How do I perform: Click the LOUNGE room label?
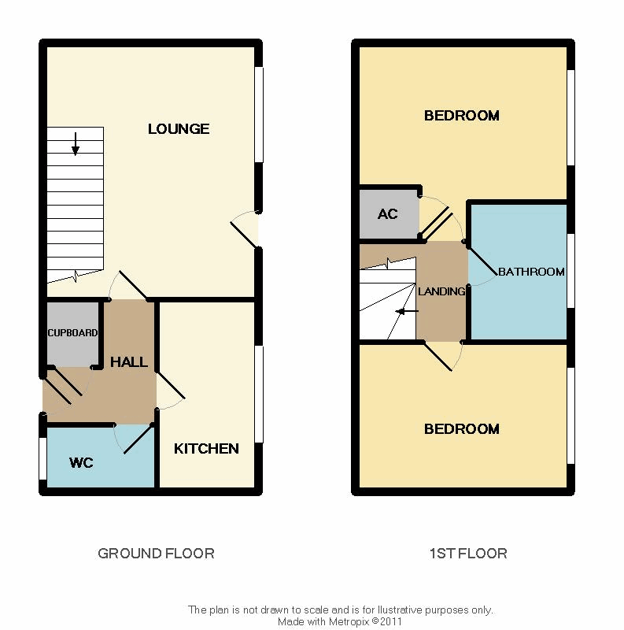click(x=179, y=129)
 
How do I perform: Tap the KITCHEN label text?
click(x=206, y=448)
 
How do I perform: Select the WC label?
click(x=81, y=462)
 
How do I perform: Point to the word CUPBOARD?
click(x=72, y=332)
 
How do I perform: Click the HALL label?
click(x=129, y=362)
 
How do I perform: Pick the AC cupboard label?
click(x=387, y=213)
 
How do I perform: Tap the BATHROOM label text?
click(x=531, y=272)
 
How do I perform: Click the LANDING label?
click(x=441, y=291)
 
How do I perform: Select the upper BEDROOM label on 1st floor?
click(x=462, y=116)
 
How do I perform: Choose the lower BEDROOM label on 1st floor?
click(x=462, y=429)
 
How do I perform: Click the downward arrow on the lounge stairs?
click(x=75, y=144)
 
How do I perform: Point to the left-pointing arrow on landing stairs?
click(x=407, y=311)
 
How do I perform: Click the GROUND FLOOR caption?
click(x=157, y=554)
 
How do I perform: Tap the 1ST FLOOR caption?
click(x=468, y=554)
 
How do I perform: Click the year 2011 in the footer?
click(x=391, y=621)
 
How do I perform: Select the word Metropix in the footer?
click(x=349, y=621)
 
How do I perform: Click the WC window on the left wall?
click(x=42, y=458)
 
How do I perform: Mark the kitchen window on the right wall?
click(x=259, y=395)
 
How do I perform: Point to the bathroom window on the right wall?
click(x=571, y=271)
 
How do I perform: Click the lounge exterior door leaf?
click(x=244, y=235)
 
